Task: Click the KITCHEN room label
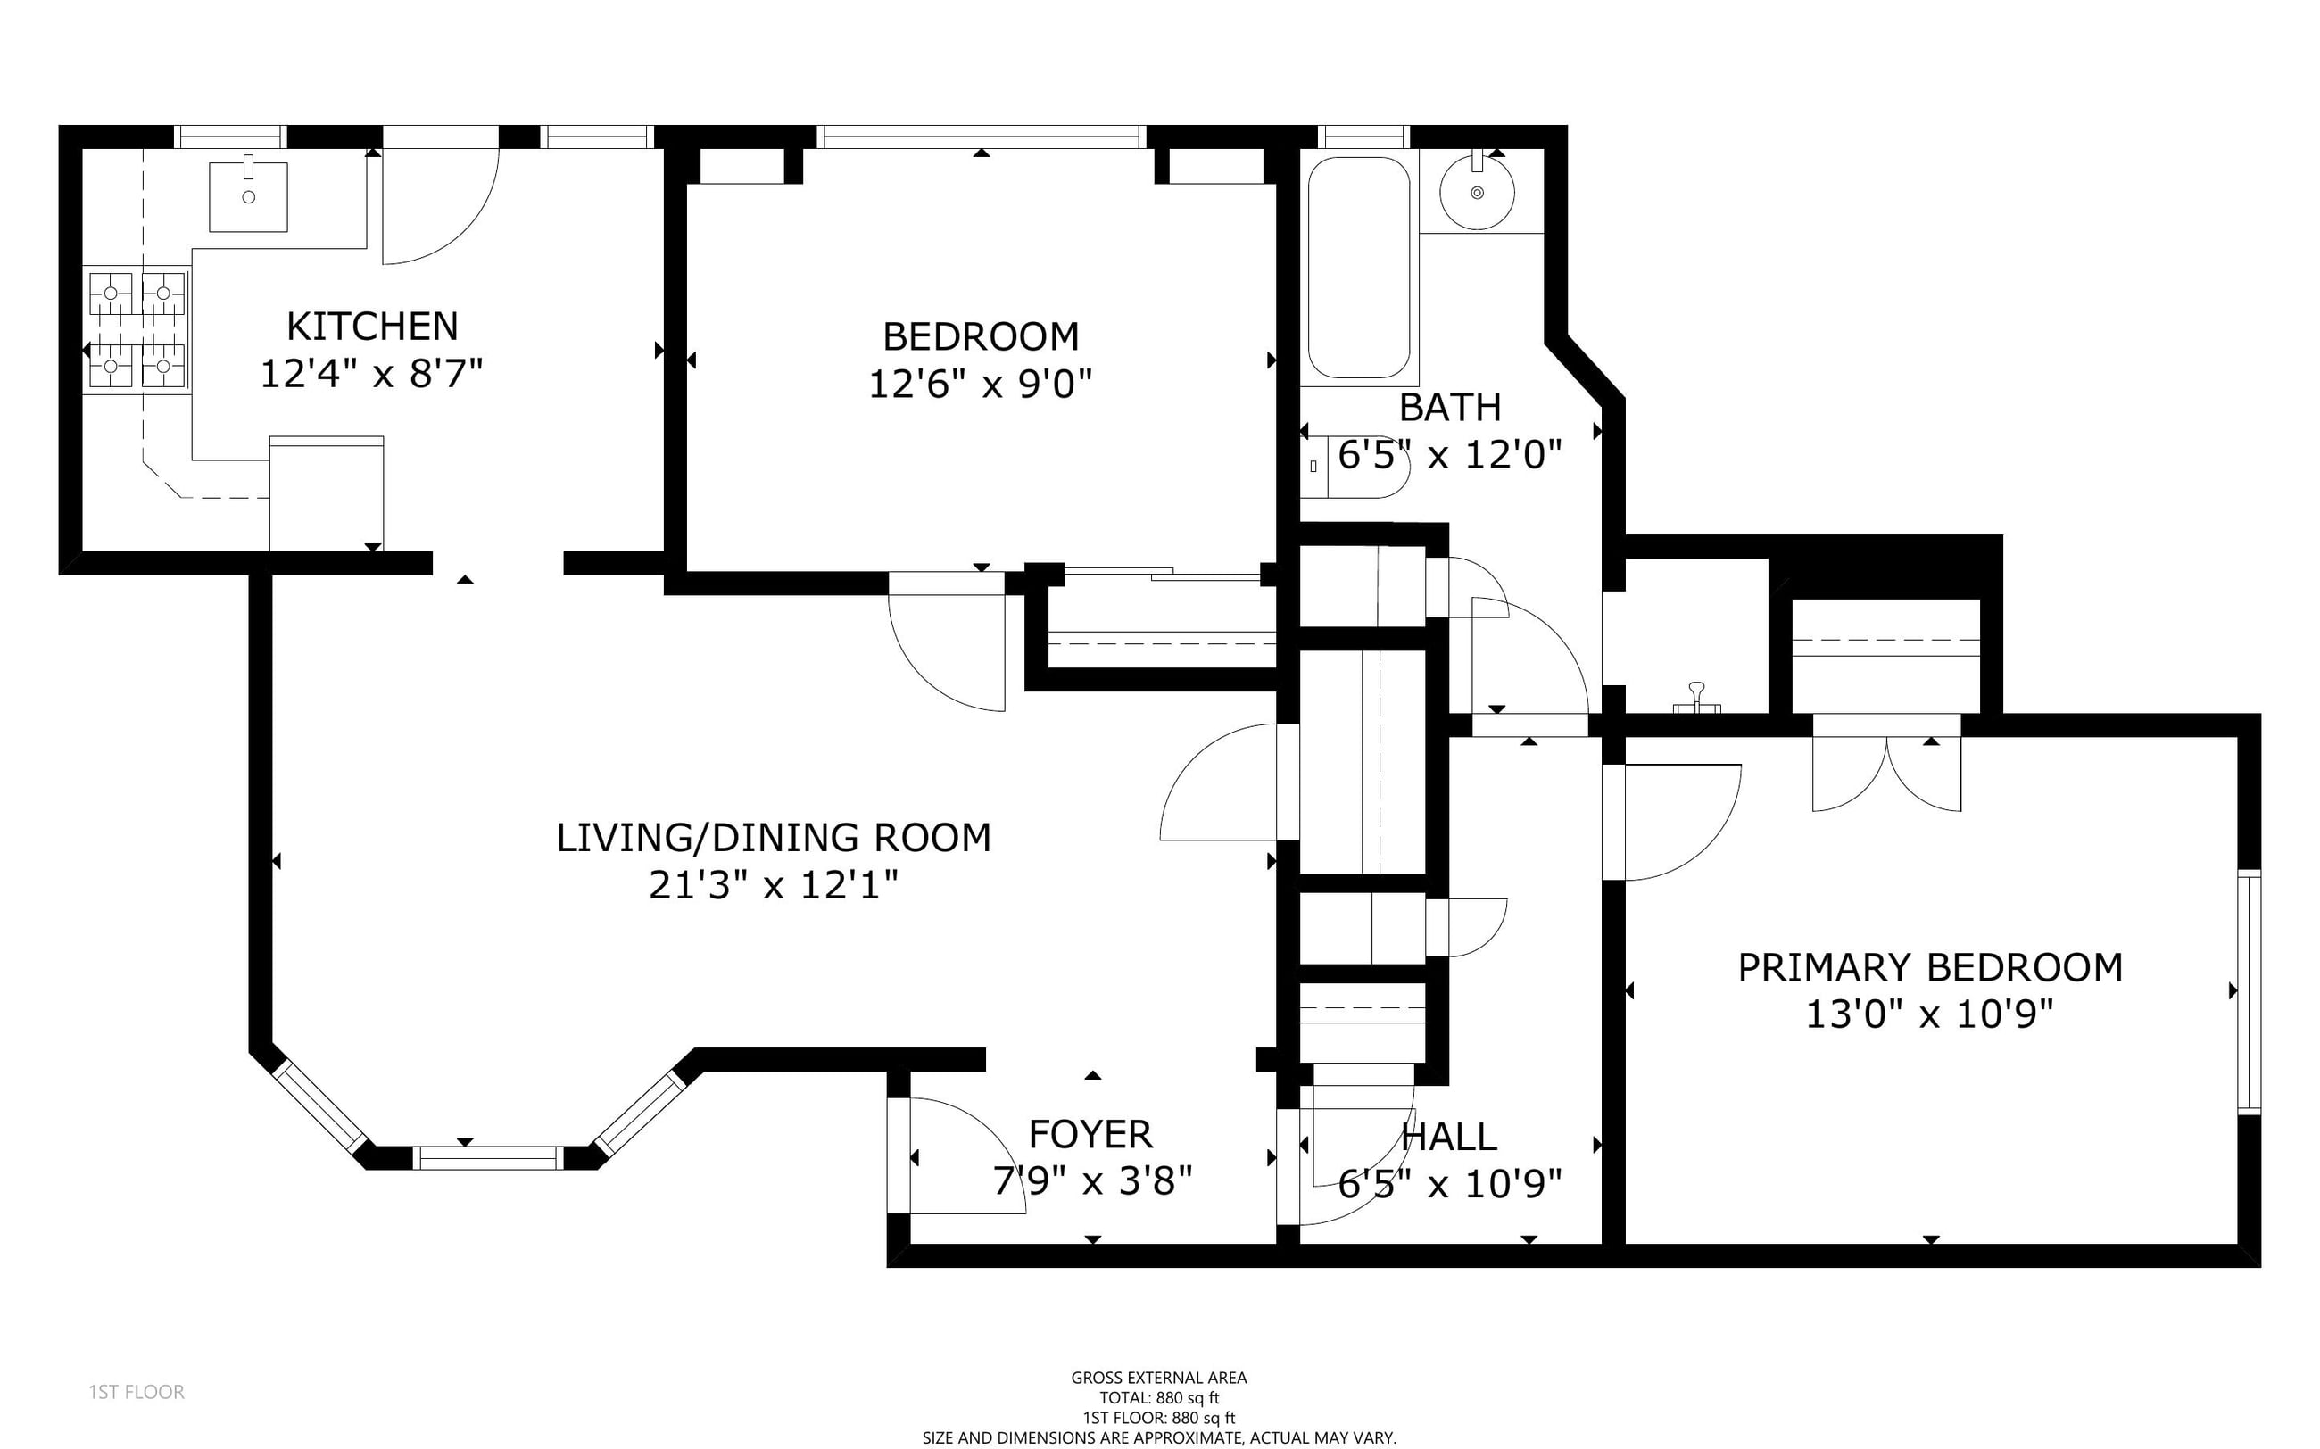[x=372, y=327]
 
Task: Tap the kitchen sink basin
[x=248, y=196]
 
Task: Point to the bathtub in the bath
[x=1359, y=269]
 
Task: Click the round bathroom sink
[x=1477, y=192]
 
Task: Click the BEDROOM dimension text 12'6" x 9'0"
[x=981, y=385]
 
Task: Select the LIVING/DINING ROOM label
[x=774, y=838]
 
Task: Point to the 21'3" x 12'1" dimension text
[x=774, y=884]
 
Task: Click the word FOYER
[x=1090, y=1135]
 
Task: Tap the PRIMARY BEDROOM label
[x=1930, y=968]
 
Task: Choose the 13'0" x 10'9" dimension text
[x=1930, y=1014]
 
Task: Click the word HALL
[x=1449, y=1137]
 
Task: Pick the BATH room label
[x=1450, y=407]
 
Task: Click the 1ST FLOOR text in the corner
[x=137, y=1392]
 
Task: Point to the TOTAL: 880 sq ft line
[x=1158, y=1398]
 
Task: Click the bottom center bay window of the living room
[x=488, y=1157]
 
